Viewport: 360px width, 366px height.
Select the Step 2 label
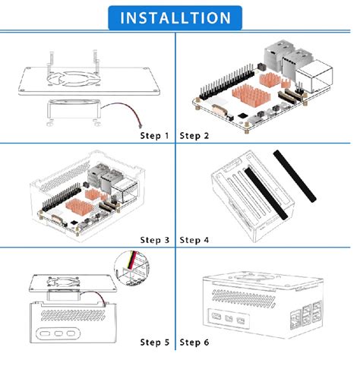point(195,136)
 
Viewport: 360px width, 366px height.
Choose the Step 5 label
point(156,342)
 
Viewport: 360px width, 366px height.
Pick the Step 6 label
point(195,342)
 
